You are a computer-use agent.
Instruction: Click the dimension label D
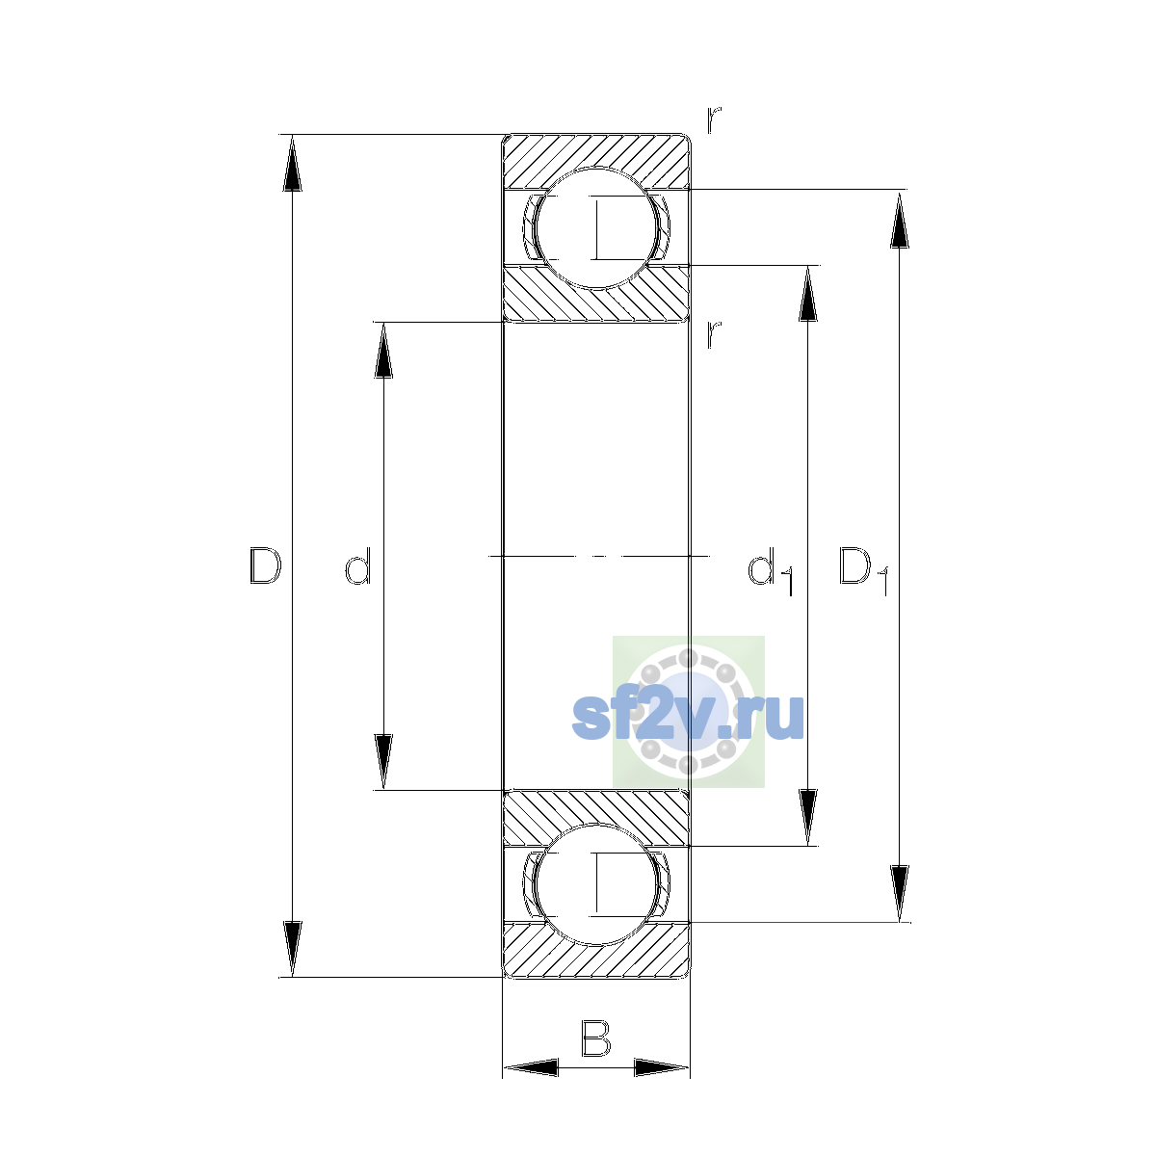pyautogui.click(x=265, y=565)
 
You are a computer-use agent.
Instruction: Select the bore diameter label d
pyautogui.click(x=358, y=565)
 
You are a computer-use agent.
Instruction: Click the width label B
pyautogui.click(x=595, y=1038)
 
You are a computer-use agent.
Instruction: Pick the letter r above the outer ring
pyautogui.click(x=714, y=119)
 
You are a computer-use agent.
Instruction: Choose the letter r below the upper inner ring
pyautogui.click(x=714, y=334)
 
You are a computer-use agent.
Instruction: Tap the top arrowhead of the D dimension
pyautogui.click(x=292, y=163)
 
